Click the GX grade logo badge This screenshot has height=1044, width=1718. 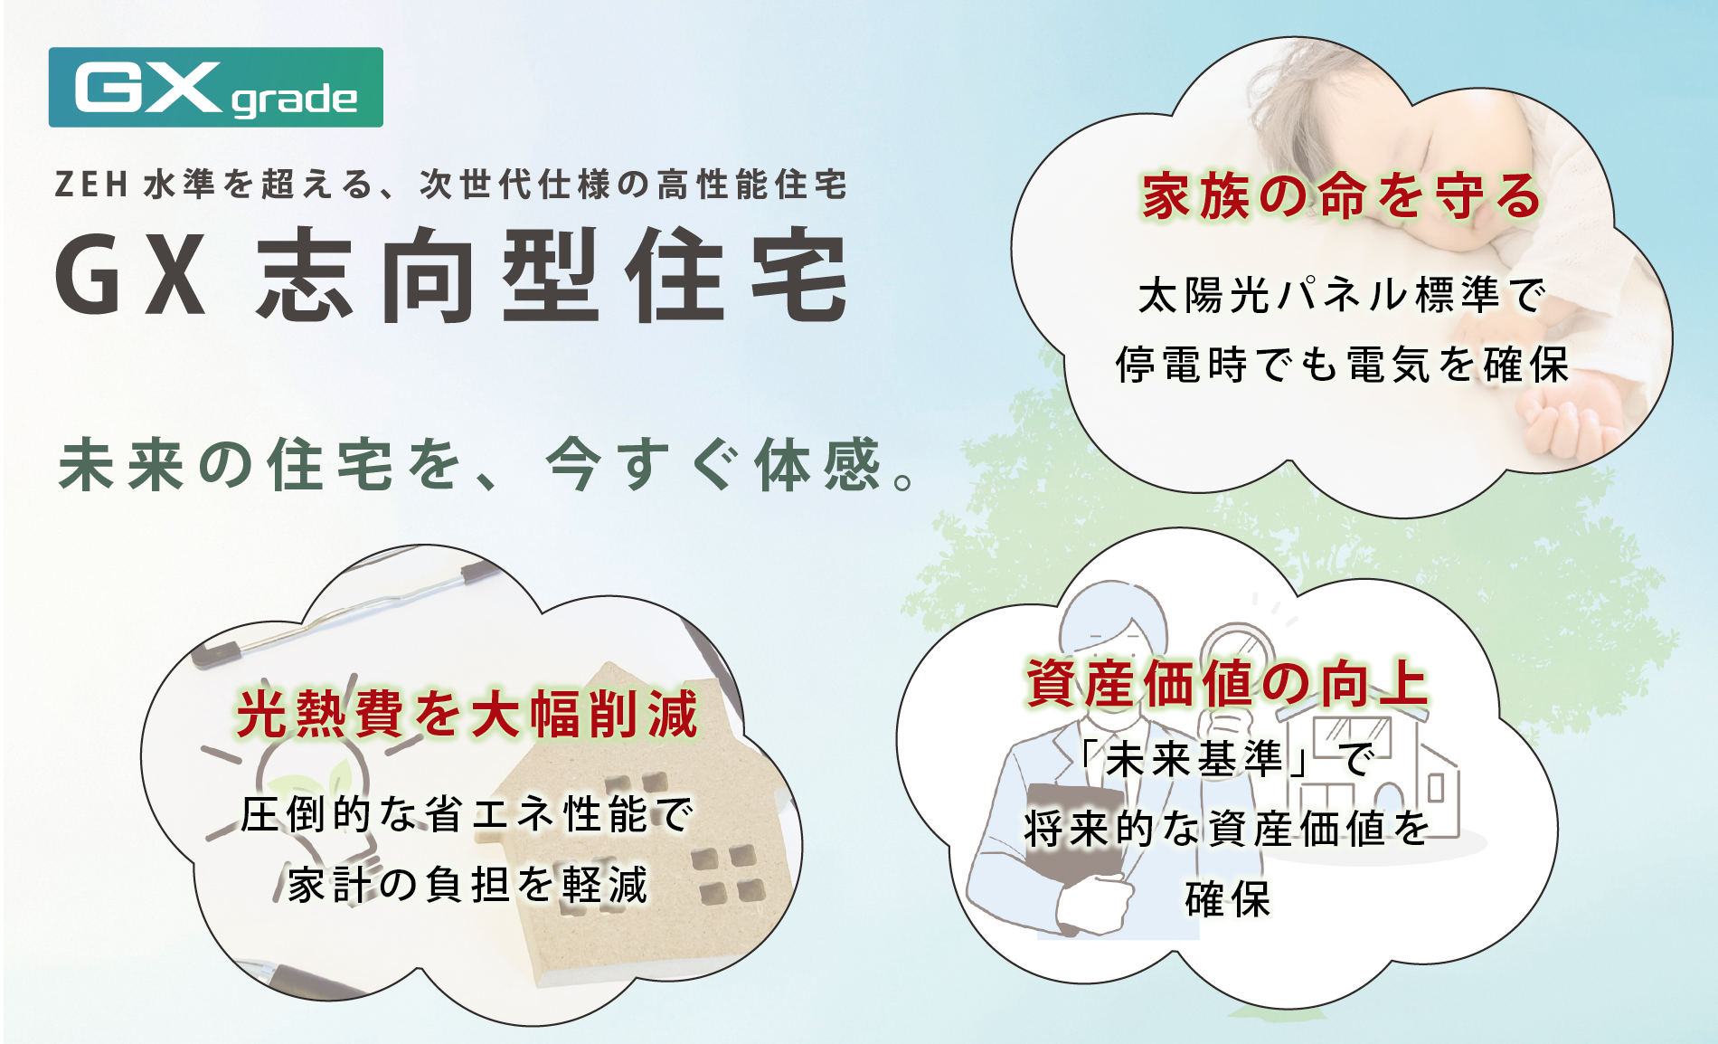point(215,88)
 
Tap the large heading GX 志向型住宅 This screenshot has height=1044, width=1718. point(451,275)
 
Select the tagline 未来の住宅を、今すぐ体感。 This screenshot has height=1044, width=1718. point(487,465)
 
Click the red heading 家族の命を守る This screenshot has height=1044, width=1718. point(1341,196)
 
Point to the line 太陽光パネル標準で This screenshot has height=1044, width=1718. point(1341,296)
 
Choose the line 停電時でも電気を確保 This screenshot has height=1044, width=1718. point(1342,365)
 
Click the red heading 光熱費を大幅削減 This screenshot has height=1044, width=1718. point(467,714)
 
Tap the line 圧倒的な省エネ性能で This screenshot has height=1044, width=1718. point(467,814)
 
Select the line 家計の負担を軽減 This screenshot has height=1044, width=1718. point(467,884)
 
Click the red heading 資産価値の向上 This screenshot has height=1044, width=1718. point(1227,683)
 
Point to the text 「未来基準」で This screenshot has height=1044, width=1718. point(1227,758)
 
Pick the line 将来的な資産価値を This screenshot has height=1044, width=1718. point(1227,828)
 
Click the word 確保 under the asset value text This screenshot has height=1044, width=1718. point(1227,898)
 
